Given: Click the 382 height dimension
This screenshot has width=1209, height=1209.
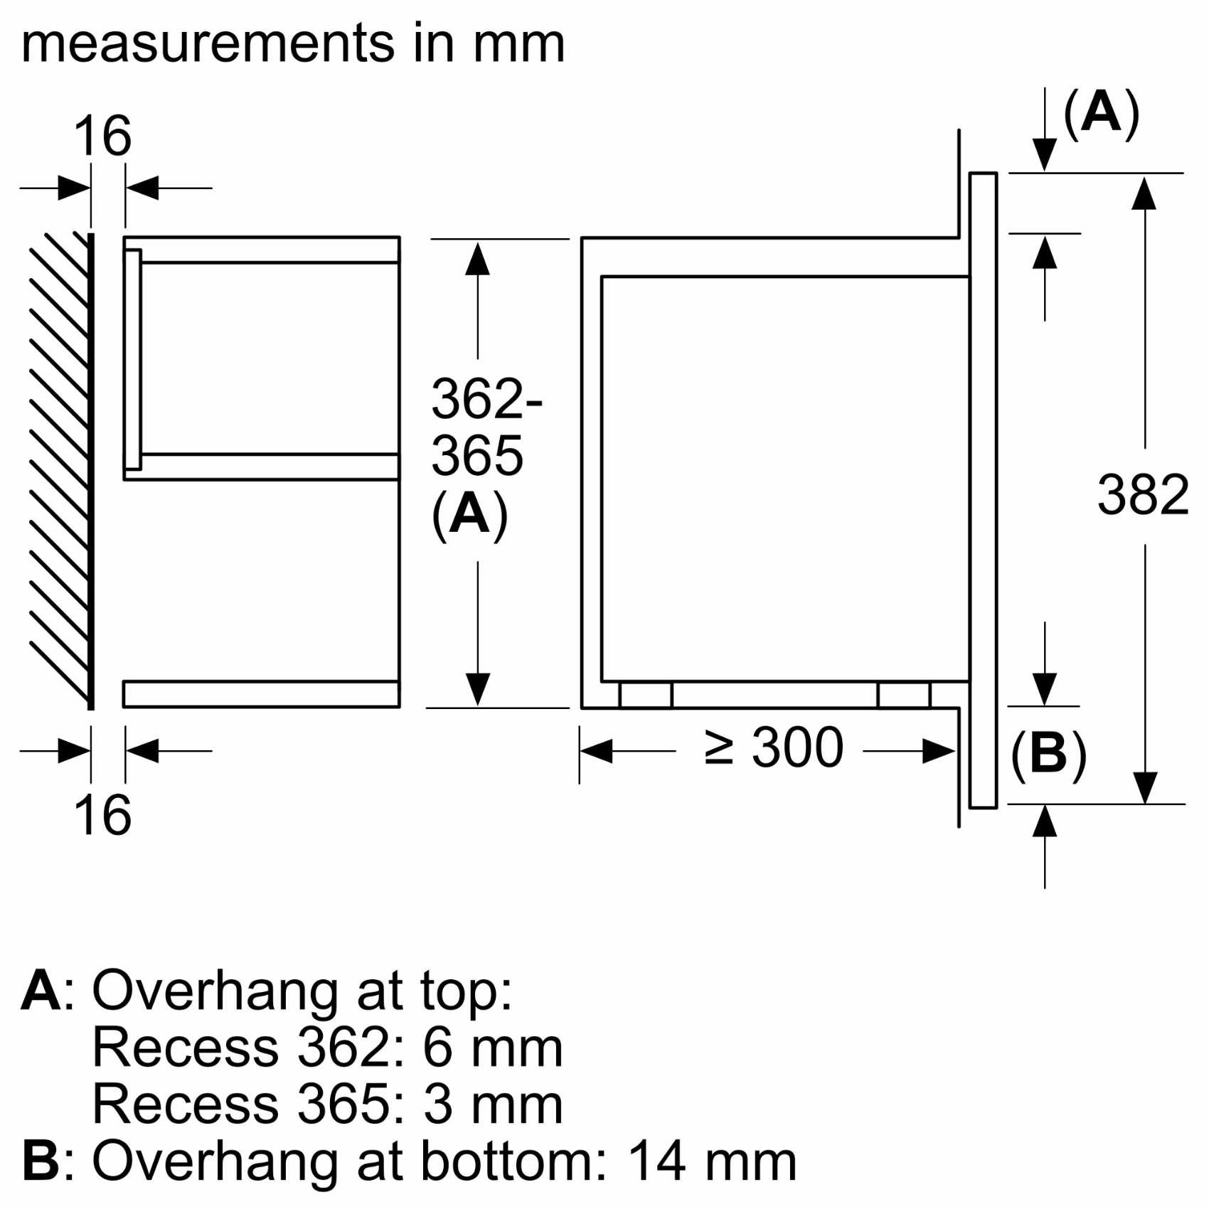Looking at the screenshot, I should click(1142, 495).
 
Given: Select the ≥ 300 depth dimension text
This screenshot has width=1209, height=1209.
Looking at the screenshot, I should click(774, 747).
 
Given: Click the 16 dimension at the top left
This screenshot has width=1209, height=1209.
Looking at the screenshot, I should click(102, 136).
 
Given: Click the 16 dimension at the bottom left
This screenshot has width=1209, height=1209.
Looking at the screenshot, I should click(102, 815).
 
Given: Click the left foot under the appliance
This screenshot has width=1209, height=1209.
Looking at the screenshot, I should click(645, 696).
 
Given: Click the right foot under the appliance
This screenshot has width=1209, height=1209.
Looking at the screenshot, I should click(903, 696).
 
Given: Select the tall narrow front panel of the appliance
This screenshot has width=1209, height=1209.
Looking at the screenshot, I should click(983, 491).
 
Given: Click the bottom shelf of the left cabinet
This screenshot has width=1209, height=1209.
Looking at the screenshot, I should click(261, 694).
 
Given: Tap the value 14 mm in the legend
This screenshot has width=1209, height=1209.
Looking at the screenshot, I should click(711, 1161).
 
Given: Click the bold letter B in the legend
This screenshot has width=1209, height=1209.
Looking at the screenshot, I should click(40, 1161).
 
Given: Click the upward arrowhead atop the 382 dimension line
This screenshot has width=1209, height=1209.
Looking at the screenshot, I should click(1144, 193).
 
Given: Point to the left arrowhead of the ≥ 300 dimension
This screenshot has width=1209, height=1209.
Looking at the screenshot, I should click(596, 751).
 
